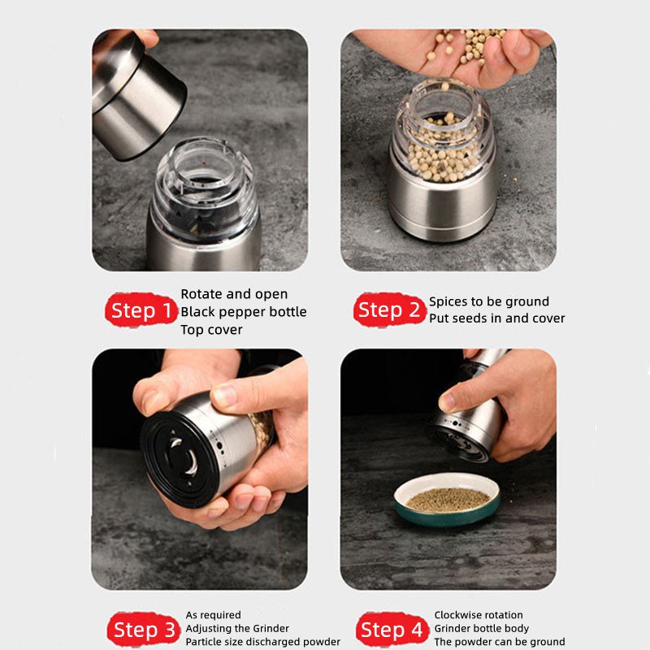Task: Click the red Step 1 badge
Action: click(x=141, y=310)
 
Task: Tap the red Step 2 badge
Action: click(x=390, y=310)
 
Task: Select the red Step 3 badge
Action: click(x=144, y=629)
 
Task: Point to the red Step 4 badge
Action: click(x=392, y=629)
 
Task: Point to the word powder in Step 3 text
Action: click(x=321, y=642)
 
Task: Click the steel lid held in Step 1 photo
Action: click(x=132, y=93)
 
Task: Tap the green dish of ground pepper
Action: click(x=448, y=500)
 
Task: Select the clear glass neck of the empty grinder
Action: click(x=204, y=187)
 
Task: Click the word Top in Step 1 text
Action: click(x=192, y=331)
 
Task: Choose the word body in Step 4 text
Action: click(x=516, y=629)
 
